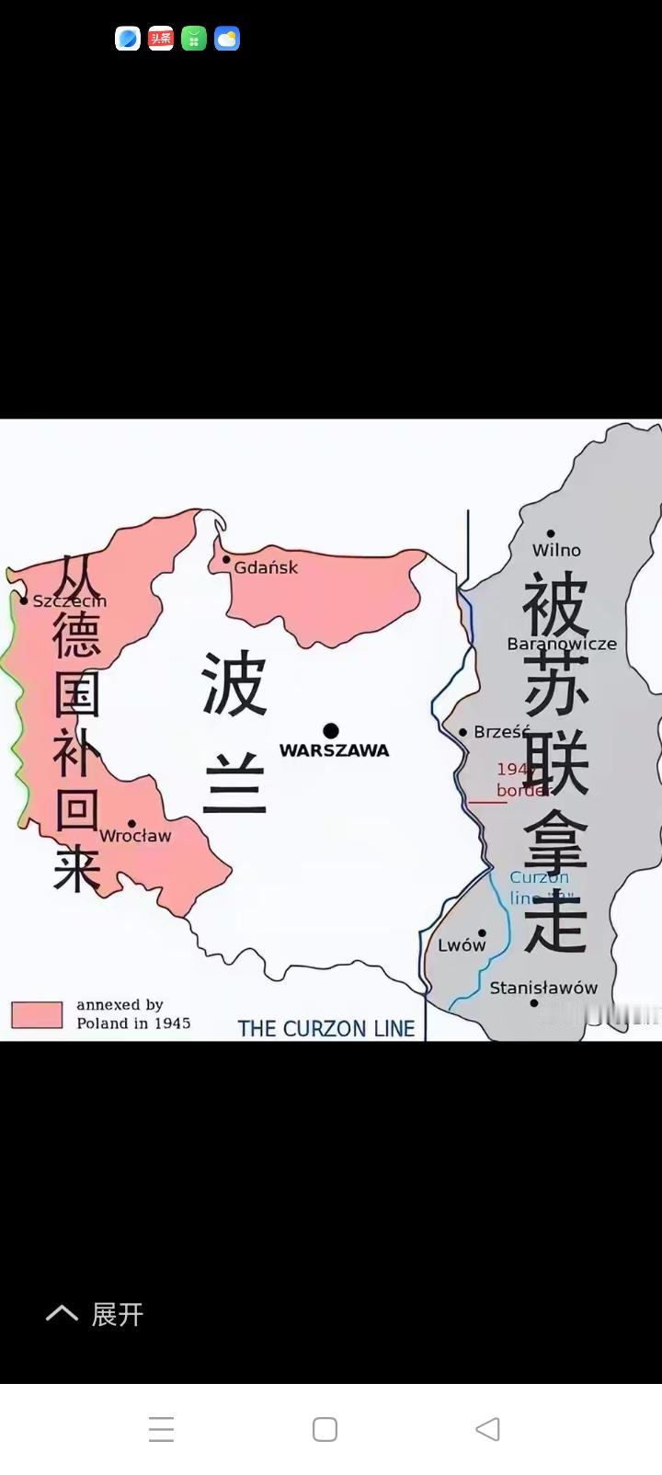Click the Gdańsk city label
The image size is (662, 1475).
click(266, 567)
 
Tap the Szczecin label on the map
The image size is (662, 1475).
click(70, 600)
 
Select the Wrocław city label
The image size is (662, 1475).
click(135, 835)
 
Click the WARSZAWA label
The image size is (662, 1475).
click(334, 750)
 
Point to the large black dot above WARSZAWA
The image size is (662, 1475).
click(331, 731)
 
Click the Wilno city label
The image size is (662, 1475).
click(556, 550)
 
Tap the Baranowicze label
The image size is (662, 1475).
click(562, 644)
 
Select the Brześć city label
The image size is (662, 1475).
click(501, 732)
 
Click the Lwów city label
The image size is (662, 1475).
click(462, 944)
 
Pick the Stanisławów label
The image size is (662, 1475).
click(543, 988)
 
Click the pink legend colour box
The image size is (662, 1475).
click(37, 1014)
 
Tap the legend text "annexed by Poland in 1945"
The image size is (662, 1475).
click(133, 1013)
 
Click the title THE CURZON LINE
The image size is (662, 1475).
click(326, 1028)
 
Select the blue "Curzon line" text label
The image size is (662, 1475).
click(539, 887)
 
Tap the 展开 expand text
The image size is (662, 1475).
click(117, 1314)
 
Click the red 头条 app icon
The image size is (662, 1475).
click(161, 39)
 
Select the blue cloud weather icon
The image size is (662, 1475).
click(227, 39)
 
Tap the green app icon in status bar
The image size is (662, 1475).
click(194, 39)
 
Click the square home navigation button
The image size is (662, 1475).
click(325, 1429)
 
